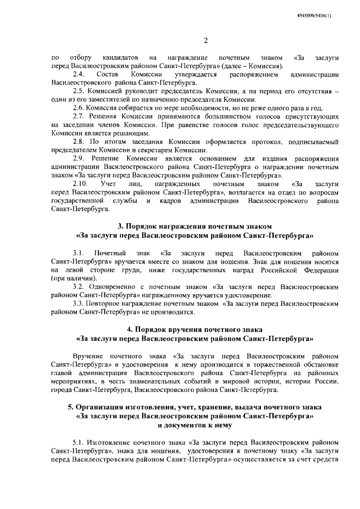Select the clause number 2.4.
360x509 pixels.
point(79,74)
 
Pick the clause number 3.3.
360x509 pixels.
point(79,303)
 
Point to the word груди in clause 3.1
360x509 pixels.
point(117,270)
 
